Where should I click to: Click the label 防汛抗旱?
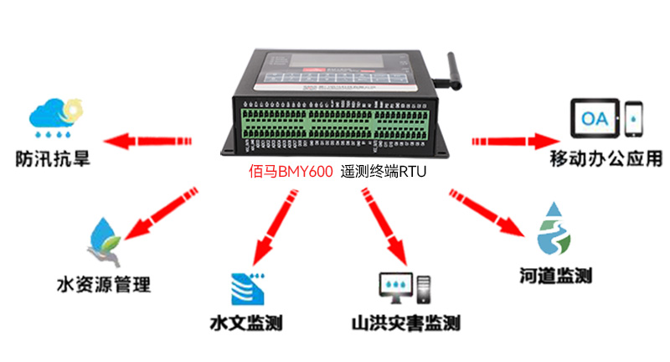coord(54,157)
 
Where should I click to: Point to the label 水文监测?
coord(245,322)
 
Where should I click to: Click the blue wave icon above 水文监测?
coord(248,287)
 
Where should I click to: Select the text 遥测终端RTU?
coord(384,173)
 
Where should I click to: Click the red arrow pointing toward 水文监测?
coord(276,221)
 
